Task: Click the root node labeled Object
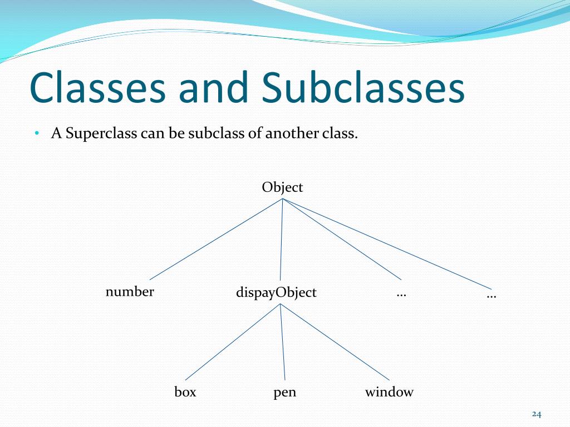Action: [282, 187]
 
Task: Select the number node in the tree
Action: [130, 291]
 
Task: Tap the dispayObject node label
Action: [276, 292]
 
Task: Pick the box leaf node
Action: [185, 392]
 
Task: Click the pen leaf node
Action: [284, 393]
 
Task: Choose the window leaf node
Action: [389, 392]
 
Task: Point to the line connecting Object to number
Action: [216, 240]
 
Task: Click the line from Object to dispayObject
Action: [281, 240]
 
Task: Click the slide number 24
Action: [537, 414]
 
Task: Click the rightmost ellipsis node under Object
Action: [492, 295]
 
